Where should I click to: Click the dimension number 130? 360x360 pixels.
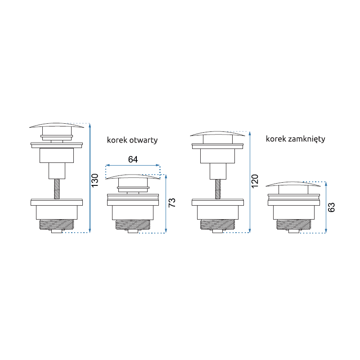tap(95, 180)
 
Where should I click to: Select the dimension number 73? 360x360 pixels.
tap(172, 202)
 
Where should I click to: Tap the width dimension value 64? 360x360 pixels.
tap(133, 159)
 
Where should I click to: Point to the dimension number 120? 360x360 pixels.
tap(255, 181)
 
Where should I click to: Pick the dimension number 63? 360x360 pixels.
tap(331, 207)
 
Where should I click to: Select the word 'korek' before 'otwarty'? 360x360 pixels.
tap(117, 140)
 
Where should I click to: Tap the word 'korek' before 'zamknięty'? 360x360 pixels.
tap(276, 139)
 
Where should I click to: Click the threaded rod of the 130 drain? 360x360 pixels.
tap(57, 189)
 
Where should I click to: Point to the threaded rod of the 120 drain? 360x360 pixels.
tap(218, 189)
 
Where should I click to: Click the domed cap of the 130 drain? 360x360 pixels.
tap(57, 125)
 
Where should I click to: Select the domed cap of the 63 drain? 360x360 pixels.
tap(293, 184)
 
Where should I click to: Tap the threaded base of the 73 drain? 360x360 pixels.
tap(133, 225)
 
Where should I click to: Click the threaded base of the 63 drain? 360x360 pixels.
tap(294, 224)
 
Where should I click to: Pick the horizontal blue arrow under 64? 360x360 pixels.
tap(133, 165)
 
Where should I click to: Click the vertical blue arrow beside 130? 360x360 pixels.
tap(90, 178)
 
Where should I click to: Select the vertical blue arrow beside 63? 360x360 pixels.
tap(326, 207)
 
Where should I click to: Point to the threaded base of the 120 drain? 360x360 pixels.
tap(218, 224)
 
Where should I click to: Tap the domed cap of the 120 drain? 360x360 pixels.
tap(217, 133)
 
